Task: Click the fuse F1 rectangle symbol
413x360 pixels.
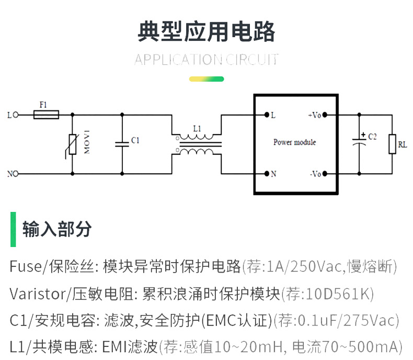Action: tap(46, 114)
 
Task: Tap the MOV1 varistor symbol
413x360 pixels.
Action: tap(72, 144)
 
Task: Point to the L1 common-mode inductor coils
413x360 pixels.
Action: tap(197, 144)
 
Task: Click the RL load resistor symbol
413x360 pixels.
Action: tap(392, 144)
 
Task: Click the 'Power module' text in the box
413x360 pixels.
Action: tap(294, 142)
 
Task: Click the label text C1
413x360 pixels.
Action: tap(135, 140)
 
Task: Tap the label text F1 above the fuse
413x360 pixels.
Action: tap(43, 105)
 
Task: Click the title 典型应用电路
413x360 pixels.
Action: tap(206, 32)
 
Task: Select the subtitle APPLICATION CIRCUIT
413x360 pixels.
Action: tap(206, 59)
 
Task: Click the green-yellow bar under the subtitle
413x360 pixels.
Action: tap(206, 79)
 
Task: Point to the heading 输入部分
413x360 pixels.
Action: tap(57, 229)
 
